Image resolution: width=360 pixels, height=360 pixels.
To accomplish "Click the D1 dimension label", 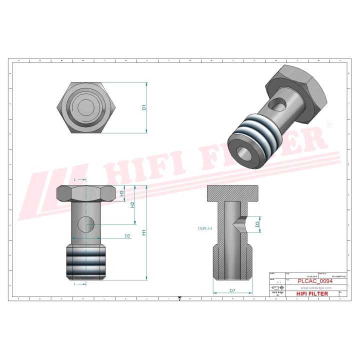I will click(x=143, y=107).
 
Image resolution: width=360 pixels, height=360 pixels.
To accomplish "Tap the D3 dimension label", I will click(x=257, y=224).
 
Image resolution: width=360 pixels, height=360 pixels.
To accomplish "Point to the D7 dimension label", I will click(x=232, y=290).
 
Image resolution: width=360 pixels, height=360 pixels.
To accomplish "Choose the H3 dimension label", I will click(x=121, y=192).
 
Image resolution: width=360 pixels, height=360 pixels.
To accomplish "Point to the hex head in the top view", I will click(x=87, y=108).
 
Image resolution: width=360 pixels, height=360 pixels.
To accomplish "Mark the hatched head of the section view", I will click(x=233, y=192).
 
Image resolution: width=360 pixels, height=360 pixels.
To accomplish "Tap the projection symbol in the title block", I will click(x=276, y=288).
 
